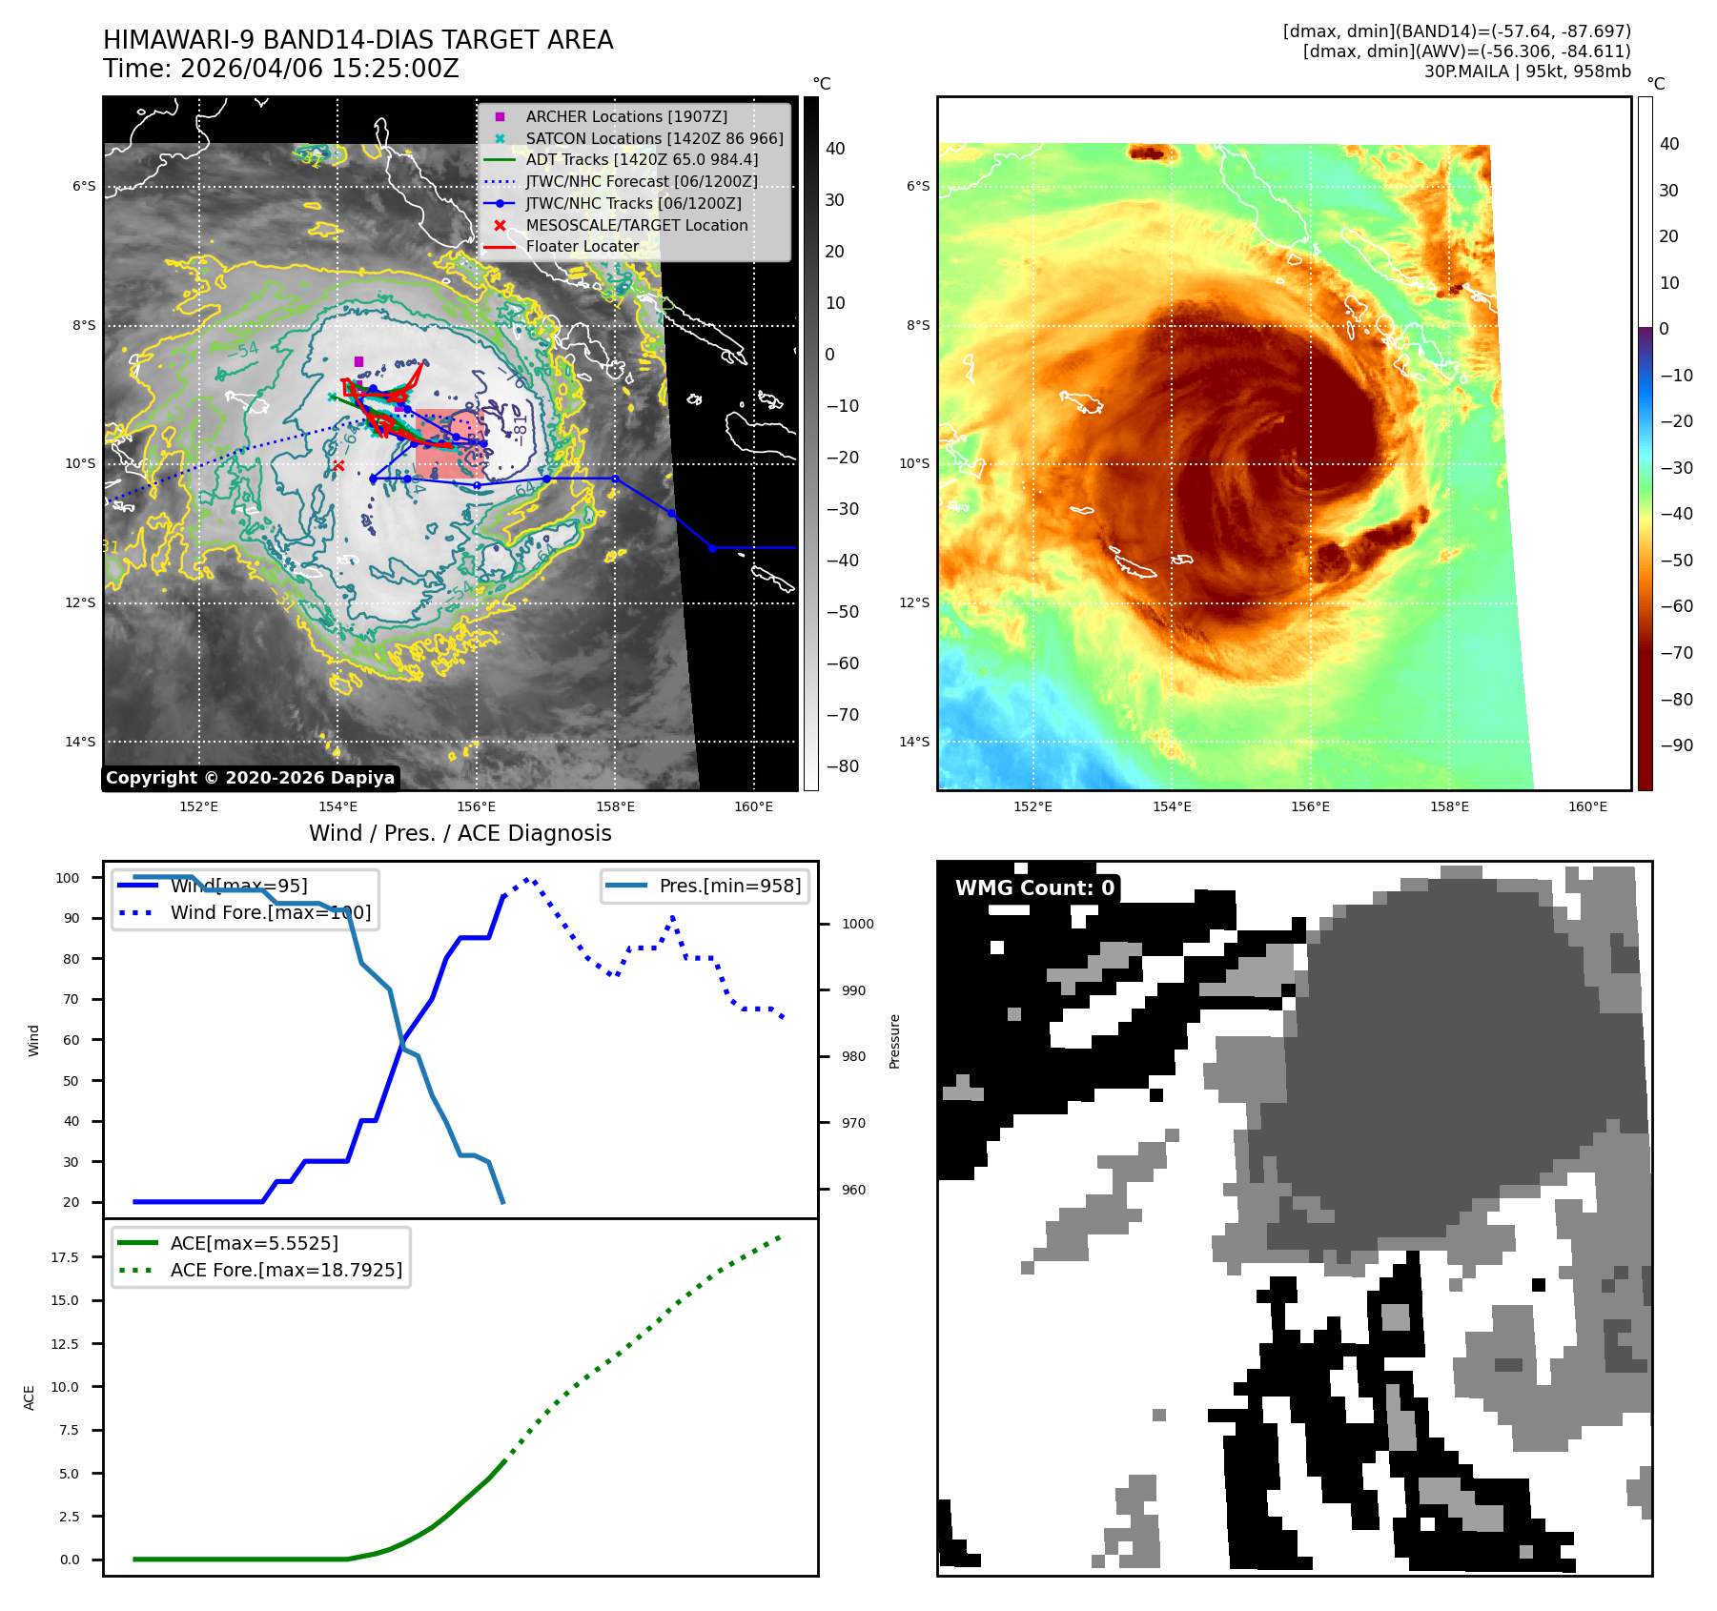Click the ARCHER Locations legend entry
pyautogui.click(x=625, y=116)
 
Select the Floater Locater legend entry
pyautogui.click(x=582, y=246)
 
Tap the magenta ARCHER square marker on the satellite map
pyautogui.click(x=358, y=361)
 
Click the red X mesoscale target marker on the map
pyautogui.click(x=338, y=465)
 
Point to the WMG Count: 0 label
pyautogui.click(x=1034, y=887)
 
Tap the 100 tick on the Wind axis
pyautogui.click(x=68, y=878)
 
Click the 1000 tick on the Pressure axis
pyautogui.click(x=857, y=924)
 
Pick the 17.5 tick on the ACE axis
pyautogui.click(x=65, y=1257)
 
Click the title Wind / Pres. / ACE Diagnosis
pyautogui.click(x=460, y=833)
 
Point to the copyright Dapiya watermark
pyautogui.click(x=250, y=778)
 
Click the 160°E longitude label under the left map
pyautogui.click(x=753, y=806)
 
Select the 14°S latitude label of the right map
pyautogui.click(x=913, y=742)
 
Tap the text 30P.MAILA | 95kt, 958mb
pyautogui.click(x=1527, y=71)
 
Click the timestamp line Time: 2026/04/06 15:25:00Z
pyautogui.click(x=281, y=69)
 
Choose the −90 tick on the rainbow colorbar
pyautogui.click(x=1676, y=745)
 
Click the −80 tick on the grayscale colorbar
pyautogui.click(x=842, y=766)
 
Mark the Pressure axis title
pyautogui.click(x=894, y=1041)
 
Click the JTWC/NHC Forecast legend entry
pyautogui.click(x=641, y=181)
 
